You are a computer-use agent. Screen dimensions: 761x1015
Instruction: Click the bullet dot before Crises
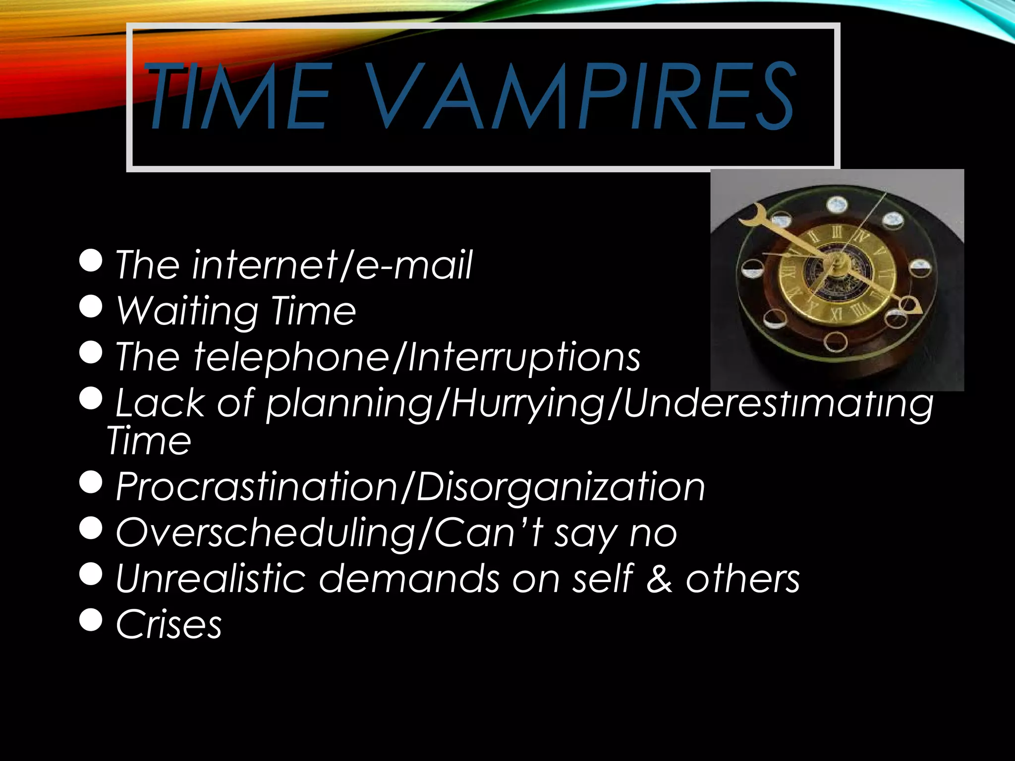click(x=91, y=619)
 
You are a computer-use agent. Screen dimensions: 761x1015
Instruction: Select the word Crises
click(x=169, y=624)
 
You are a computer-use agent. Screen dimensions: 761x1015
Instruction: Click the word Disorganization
click(x=560, y=487)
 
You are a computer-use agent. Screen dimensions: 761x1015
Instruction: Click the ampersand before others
click(x=659, y=579)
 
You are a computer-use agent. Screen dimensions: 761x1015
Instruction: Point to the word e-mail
click(x=414, y=266)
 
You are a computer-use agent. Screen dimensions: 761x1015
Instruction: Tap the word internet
click(x=266, y=266)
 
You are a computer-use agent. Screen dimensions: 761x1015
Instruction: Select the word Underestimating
click(x=778, y=404)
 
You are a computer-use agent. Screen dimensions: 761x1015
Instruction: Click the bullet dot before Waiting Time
click(x=91, y=306)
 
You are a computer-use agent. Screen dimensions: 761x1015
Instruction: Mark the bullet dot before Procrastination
click(x=91, y=482)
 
